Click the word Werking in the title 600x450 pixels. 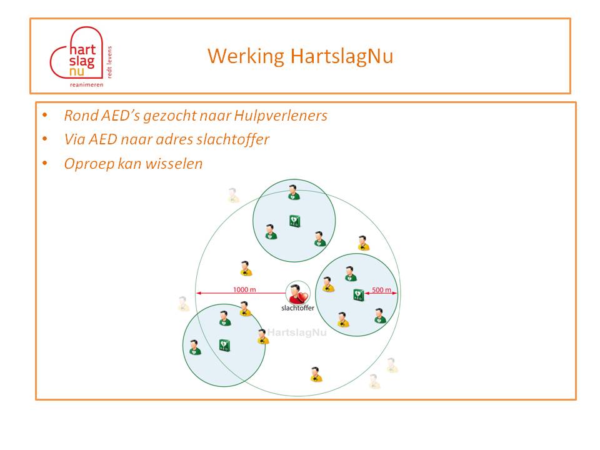coord(246,57)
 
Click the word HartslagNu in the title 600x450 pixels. coord(342,56)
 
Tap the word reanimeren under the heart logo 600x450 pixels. coord(86,84)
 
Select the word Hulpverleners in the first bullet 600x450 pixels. coord(281,115)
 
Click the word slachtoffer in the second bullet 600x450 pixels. coord(232,139)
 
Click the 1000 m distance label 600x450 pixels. coord(244,289)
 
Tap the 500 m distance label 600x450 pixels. coord(381,289)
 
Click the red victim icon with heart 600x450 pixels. coord(298,294)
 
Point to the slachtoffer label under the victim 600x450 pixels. coord(297,308)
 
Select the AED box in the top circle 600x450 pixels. coord(294,221)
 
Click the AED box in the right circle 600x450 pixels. coord(359,295)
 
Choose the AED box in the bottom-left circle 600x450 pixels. coord(224,345)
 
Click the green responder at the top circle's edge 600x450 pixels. coord(294,192)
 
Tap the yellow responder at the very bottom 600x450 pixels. coord(316,374)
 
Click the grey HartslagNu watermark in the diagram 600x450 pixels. coord(297,332)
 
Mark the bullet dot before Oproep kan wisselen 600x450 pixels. coord(45,163)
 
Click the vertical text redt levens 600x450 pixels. coord(109,62)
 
